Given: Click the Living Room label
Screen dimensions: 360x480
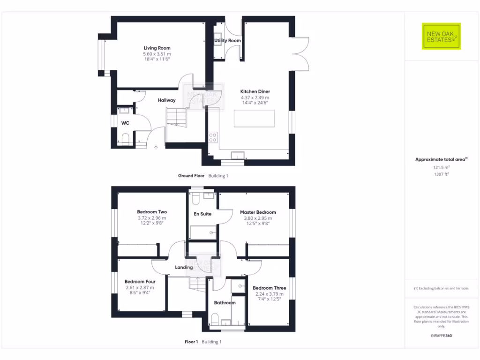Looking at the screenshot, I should tap(157, 48).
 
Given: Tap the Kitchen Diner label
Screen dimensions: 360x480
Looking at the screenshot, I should tap(255, 91).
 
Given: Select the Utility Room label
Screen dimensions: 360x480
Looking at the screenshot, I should tap(227, 41).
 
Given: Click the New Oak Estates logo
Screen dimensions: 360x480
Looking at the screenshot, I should tap(441, 36).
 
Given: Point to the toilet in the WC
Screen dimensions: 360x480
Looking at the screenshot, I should tap(125, 138).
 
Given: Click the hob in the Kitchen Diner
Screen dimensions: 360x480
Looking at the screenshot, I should tap(213, 137).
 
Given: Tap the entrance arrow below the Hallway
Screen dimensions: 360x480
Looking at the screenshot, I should tap(156, 147).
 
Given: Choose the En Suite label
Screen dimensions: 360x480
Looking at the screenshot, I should tap(202, 214).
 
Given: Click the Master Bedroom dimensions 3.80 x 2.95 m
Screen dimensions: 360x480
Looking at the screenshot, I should tap(258, 218).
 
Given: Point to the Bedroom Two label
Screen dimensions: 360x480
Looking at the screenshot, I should tap(151, 212).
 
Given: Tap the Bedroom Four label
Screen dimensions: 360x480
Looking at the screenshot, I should tap(139, 282).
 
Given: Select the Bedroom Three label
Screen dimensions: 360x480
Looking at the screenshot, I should tap(269, 288).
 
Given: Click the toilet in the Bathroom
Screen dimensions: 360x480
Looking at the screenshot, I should tap(214, 320).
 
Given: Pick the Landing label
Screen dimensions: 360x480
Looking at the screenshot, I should tap(184, 268).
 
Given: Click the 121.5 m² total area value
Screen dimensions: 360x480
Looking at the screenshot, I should tap(441, 167).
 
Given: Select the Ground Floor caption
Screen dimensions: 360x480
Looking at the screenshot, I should tap(191, 176).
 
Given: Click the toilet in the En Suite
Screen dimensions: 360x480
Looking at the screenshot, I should tap(196, 200).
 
